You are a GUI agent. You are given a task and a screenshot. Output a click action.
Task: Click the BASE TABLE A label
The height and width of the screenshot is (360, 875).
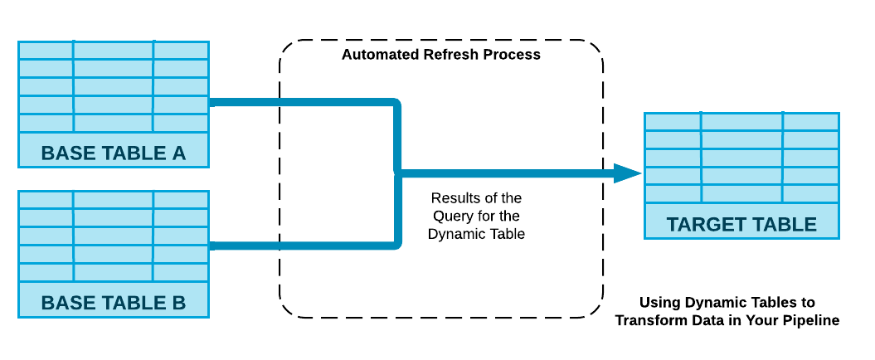point(114,153)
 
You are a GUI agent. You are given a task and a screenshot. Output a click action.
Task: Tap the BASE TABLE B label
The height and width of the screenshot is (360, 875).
point(114,303)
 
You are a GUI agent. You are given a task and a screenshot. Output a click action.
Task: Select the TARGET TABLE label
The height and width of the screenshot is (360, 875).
point(741,224)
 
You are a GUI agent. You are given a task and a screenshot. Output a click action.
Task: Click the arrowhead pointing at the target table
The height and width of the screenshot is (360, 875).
point(628,173)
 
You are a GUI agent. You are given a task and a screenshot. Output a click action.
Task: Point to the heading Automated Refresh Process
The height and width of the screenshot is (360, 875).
point(441,55)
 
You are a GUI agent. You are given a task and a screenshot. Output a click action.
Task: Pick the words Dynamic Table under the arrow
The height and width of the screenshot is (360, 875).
point(477,234)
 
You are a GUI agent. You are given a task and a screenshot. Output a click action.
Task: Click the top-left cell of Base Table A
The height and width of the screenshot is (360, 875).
point(46,51)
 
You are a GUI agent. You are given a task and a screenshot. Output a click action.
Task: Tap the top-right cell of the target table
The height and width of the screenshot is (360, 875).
point(811,122)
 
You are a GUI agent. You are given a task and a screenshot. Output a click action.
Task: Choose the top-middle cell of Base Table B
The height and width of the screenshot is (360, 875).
point(114,200)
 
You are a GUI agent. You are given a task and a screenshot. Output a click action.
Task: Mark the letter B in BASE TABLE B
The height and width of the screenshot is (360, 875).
point(177,303)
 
